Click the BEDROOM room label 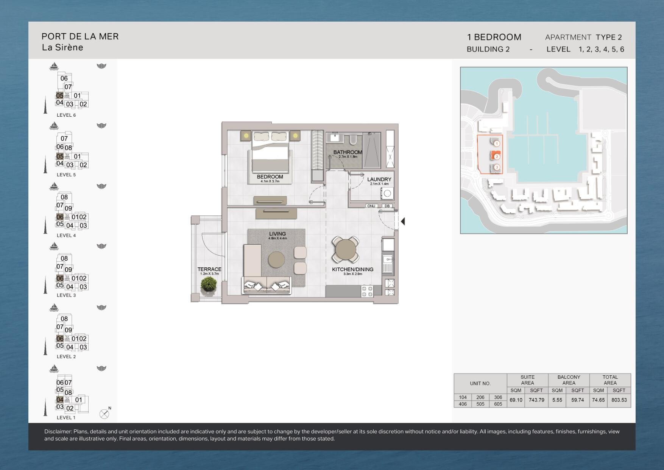[270, 177]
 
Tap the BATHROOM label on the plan [348, 152]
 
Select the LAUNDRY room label [379, 180]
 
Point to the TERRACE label [209, 269]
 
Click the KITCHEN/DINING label [353, 269]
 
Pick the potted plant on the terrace [209, 284]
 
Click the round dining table [346, 250]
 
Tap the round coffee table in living [276, 260]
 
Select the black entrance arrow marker [403, 221]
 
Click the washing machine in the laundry [387, 193]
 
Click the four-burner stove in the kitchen [367, 291]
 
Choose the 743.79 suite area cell [536, 400]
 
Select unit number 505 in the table [480, 404]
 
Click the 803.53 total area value [619, 400]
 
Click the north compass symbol [104, 414]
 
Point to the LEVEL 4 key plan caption [66, 235]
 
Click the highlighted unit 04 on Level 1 [60, 400]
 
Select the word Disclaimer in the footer [58, 431]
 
